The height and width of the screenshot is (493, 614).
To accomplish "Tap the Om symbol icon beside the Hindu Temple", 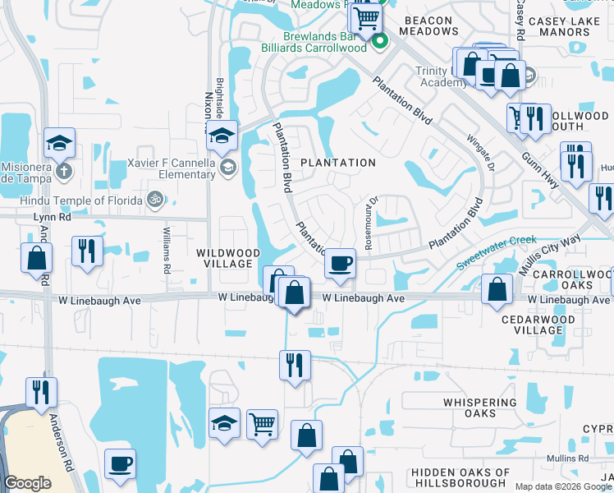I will pyautogui.click(x=153, y=198).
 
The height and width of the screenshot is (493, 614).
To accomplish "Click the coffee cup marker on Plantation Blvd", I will pyautogui.click(x=340, y=264).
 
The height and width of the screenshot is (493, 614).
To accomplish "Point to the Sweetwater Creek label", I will pyautogui.click(x=490, y=252).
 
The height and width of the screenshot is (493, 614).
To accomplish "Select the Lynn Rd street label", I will pyautogui.click(x=48, y=217).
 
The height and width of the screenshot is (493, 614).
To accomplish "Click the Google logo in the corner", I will pyautogui.click(x=27, y=483).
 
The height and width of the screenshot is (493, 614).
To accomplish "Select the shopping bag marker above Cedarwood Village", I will pyautogui.click(x=497, y=289).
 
